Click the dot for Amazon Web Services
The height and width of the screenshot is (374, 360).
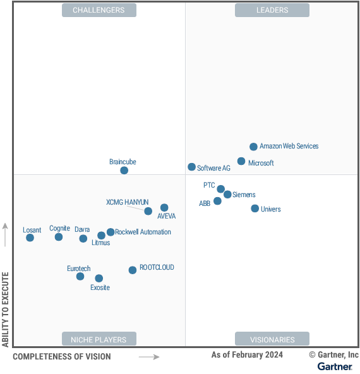tap(253, 147)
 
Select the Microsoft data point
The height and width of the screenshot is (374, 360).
tap(241, 161)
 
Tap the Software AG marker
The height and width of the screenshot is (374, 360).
tap(191, 167)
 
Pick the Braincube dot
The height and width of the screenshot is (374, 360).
tap(124, 170)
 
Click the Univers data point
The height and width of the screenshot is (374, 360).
tap(255, 208)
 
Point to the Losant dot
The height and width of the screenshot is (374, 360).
tap(30, 238)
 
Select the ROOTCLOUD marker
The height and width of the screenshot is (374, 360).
tap(132, 270)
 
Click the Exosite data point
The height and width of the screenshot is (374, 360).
tap(99, 278)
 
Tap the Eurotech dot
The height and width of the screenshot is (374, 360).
tap(80, 276)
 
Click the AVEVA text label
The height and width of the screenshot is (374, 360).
tap(166, 216)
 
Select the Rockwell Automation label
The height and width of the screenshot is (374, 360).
tap(143, 232)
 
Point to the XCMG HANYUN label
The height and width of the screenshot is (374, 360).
tap(128, 202)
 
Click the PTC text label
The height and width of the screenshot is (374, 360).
tap(209, 186)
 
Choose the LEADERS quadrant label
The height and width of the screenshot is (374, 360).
tap(272, 10)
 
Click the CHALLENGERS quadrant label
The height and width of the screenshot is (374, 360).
tap(99, 10)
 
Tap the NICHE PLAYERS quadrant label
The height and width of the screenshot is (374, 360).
tap(99, 339)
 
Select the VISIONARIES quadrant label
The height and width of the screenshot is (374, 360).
tap(272, 339)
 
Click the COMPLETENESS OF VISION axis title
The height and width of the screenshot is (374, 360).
tap(61, 357)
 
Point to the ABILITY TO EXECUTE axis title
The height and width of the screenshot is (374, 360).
tap(6, 310)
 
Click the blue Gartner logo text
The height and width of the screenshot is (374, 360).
tap(335, 366)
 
